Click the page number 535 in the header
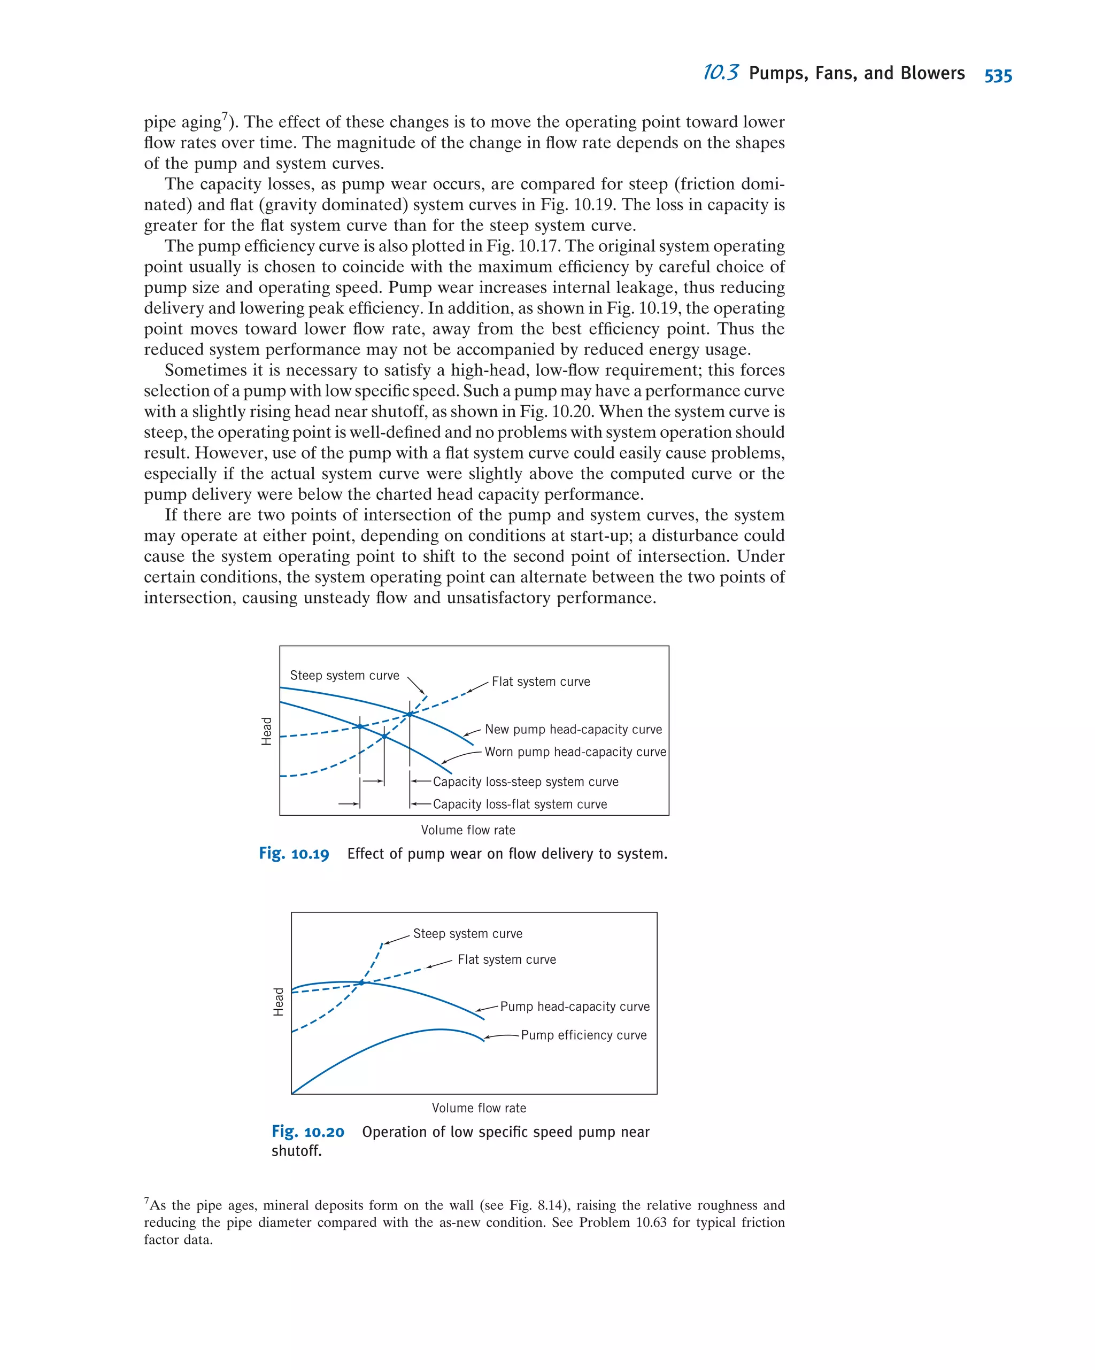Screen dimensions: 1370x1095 click(997, 75)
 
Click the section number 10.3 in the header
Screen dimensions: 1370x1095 click(720, 73)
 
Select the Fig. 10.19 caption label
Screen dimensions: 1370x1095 click(294, 854)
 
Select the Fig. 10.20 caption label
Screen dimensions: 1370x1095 click(307, 1132)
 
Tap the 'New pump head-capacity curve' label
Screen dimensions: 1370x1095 click(573, 730)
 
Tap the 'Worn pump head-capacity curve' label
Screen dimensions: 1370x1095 click(575, 752)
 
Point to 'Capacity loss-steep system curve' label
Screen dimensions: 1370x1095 click(525, 781)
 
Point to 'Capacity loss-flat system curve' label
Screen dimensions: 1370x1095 click(519, 804)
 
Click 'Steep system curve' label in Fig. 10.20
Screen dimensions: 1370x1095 click(467, 933)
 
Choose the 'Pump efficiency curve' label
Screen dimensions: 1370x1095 click(583, 1035)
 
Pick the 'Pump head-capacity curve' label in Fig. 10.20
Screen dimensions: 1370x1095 click(575, 1007)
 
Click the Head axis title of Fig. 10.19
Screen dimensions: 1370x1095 click(266, 731)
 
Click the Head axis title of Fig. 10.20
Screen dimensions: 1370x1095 click(279, 1002)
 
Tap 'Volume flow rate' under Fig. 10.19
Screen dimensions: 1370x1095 click(468, 830)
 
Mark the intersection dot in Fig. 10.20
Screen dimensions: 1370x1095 click(361, 982)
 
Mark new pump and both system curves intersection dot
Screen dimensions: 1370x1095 click(410, 714)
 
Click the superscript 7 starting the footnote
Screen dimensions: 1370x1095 click(147, 1201)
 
